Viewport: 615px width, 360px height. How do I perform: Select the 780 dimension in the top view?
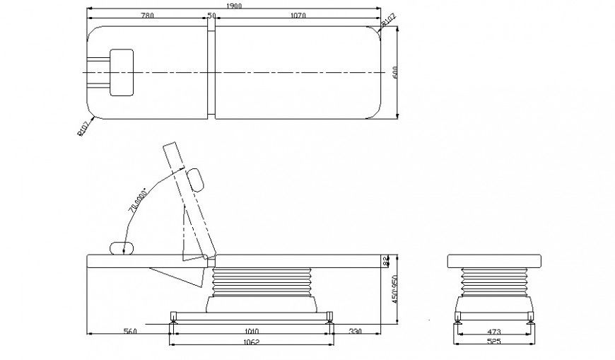point(148,16)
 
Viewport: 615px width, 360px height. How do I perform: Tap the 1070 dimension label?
point(298,16)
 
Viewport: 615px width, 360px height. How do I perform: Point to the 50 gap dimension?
point(211,16)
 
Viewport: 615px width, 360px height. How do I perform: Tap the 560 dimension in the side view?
point(129,330)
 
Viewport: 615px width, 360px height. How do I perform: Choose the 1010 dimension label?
point(251,330)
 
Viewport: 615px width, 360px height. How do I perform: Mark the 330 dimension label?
point(356,330)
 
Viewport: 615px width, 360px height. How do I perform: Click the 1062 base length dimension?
point(251,344)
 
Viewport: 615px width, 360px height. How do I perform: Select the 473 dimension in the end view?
point(495,330)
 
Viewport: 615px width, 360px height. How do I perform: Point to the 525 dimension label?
point(495,344)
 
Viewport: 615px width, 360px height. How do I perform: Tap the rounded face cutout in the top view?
point(122,72)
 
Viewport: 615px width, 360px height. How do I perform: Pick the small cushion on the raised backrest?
point(197,180)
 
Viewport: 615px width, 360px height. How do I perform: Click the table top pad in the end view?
point(495,261)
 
